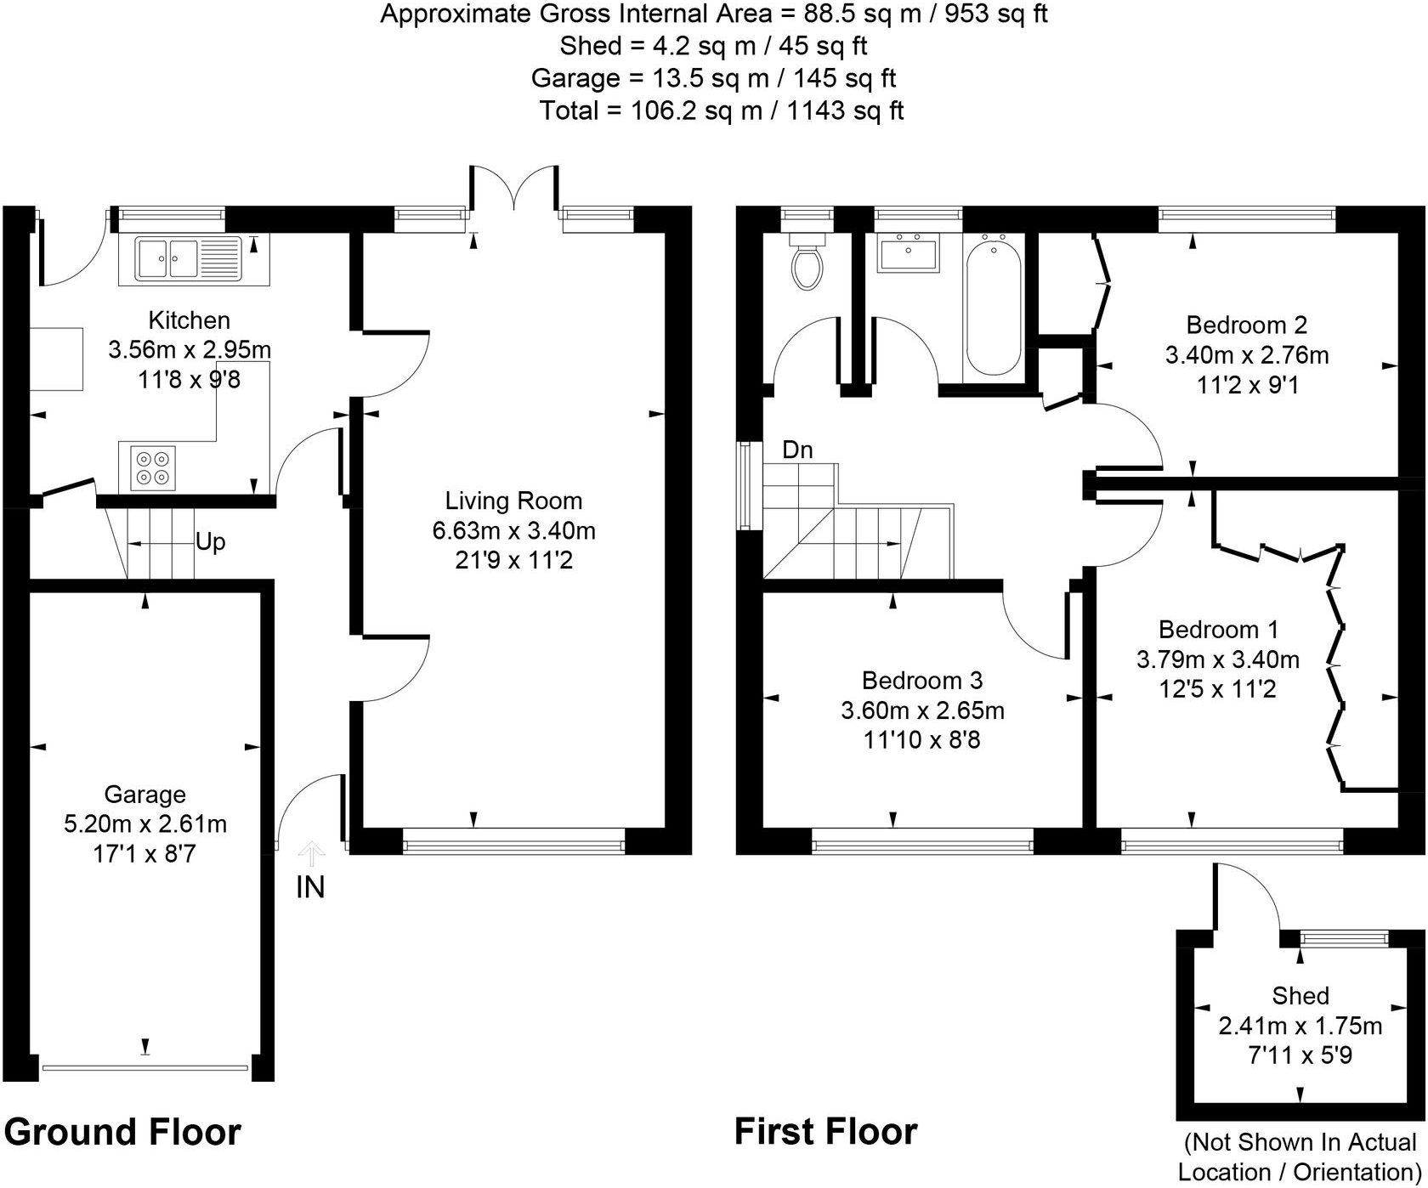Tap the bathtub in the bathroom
coord(994,307)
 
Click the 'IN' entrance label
coord(310,888)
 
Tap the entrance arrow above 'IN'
coord(312,852)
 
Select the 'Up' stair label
coord(210,541)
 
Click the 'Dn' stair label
coord(797,450)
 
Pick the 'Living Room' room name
coord(514,501)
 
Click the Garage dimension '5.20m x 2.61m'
coord(145,824)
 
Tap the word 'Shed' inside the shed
coord(1300,996)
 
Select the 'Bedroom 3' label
coord(922,681)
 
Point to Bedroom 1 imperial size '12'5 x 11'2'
coord(1218,689)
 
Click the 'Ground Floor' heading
coord(122,1133)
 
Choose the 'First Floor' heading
coord(825,1132)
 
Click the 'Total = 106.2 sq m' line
coord(722,111)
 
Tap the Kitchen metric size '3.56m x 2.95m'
coord(190,350)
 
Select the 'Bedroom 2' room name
coord(1246,325)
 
